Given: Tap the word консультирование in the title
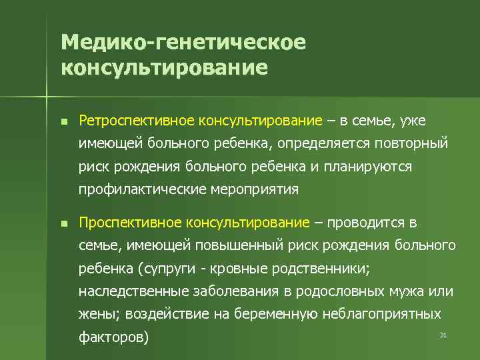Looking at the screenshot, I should (164, 68).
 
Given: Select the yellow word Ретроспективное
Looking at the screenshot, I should (123, 121).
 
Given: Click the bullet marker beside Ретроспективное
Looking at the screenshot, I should (63, 121).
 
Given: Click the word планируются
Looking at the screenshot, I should (368, 167).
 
